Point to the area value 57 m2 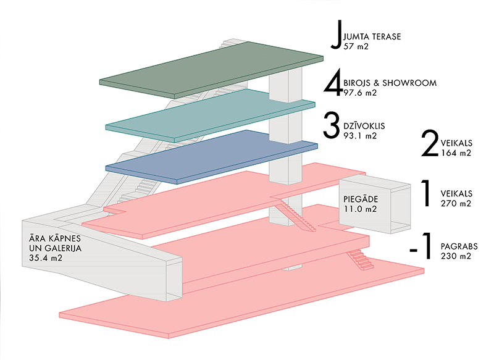point(355,46)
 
